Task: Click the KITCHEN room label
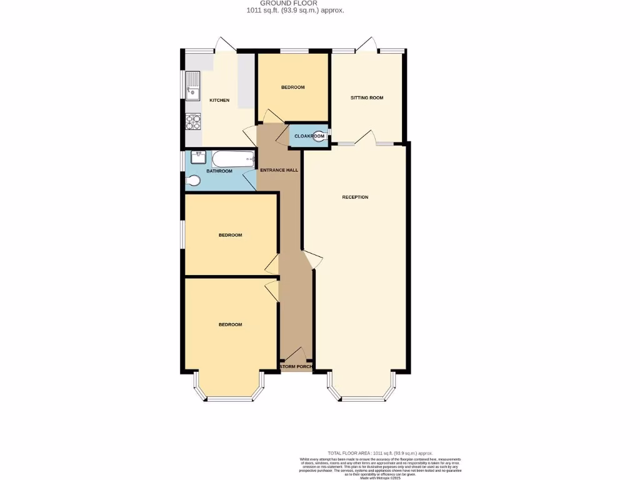click(219, 101)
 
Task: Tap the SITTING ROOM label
click(367, 97)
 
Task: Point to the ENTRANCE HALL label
click(279, 170)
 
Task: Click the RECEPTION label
click(355, 197)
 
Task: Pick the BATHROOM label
click(219, 171)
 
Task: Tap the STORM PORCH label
click(296, 367)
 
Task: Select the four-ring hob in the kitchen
click(192, 121)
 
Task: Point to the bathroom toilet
click(193, 181)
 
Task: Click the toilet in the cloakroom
click(319, 136)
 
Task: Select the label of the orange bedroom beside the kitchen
click(292, 87)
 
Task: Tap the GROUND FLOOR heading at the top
click(295, 3)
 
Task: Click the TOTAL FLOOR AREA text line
click(380, 453)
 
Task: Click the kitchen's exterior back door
click(225, 45)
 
